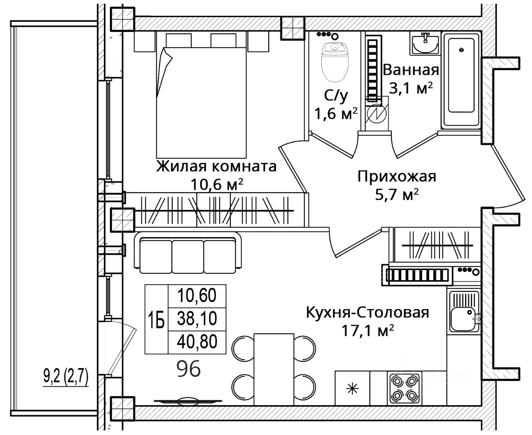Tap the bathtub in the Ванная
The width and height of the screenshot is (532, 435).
(x=461, y=81)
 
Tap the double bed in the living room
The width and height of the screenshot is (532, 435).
(x=201, y=103)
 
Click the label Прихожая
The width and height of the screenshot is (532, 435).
(x=397, y=177)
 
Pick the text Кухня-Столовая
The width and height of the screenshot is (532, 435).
(x=367, y=312)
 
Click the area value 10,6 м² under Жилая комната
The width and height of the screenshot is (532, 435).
(x=217, y=184)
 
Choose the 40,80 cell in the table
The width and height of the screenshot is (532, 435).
(x=197, y=342)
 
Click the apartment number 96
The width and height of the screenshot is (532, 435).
(x=189, y=369)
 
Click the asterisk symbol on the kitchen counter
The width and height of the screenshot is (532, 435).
(x=352, y=388)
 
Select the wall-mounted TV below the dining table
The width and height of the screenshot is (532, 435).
(x=188, y=401)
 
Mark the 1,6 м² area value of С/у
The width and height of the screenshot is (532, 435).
(x=336, y=114)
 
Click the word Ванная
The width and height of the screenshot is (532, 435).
(x=411, y=70)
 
